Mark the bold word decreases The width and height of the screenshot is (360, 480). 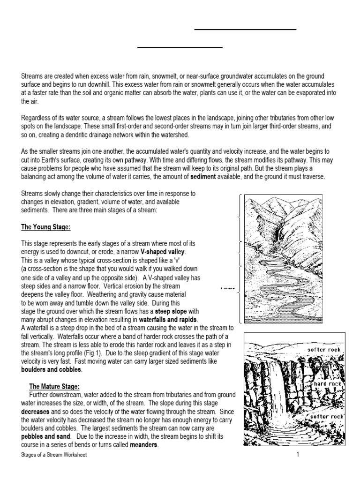tap(38, 412)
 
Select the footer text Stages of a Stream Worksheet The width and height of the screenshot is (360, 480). tap(54, 455)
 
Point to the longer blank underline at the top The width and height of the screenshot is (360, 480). tap(245, 30)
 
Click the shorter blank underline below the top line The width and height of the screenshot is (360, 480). tap(180, 47)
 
